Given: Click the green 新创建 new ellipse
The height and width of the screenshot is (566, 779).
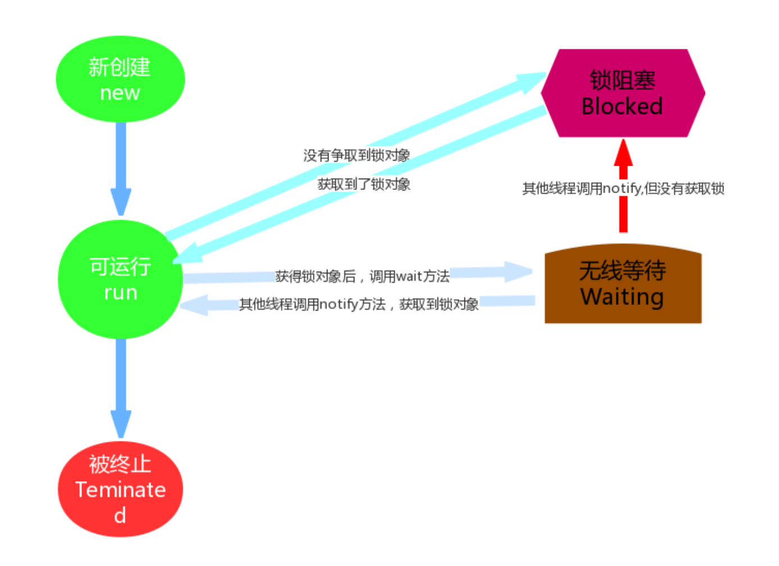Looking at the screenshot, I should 120,79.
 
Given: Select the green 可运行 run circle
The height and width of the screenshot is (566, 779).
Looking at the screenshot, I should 120,279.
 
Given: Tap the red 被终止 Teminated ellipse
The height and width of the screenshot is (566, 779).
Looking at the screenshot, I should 120,489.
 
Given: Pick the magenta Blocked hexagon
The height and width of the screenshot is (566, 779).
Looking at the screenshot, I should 622,93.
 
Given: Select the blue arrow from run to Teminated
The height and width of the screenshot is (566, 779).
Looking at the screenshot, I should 121,387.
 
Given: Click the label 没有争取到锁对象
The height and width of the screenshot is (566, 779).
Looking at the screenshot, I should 357,156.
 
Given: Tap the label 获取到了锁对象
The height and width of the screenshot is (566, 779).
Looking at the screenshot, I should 364,184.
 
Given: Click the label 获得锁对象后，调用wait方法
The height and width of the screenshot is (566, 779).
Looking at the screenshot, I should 362,276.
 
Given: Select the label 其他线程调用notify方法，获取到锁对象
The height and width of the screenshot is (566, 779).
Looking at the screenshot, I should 359,304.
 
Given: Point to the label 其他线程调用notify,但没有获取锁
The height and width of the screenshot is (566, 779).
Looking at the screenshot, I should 623,189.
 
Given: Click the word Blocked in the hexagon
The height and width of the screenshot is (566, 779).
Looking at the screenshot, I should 622,106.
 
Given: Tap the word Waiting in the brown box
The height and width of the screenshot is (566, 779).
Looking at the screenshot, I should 622,297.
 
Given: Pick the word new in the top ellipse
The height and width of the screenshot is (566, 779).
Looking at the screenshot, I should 120,93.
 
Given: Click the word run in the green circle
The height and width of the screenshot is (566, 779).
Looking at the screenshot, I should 121,293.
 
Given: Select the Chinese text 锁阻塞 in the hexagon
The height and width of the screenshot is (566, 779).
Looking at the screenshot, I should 622,80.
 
